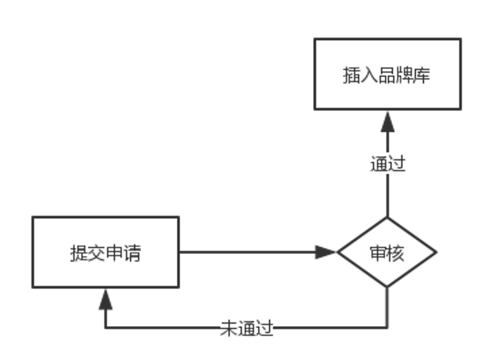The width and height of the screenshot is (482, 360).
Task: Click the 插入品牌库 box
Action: [387, 74]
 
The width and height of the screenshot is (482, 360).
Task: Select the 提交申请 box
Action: [105, 252]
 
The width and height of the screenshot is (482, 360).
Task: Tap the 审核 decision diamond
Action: [387, 252]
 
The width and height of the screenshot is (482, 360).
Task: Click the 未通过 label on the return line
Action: [247, 328]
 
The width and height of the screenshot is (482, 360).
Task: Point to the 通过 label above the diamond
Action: [387, 164]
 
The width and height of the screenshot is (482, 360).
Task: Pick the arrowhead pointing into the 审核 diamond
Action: [327, 252]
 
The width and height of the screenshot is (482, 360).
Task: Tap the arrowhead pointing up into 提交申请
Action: [105, 298]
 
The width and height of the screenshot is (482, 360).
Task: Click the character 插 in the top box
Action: [351, 75]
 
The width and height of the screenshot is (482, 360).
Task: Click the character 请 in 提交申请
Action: [132, 253]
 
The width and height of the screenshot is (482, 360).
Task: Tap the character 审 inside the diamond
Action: [378, 253]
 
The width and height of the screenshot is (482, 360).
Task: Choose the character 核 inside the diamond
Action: [395, 253]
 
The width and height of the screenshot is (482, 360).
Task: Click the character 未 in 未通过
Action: [228, 328]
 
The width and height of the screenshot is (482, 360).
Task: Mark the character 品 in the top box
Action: [387, 75]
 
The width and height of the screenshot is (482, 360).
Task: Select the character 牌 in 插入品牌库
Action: [404, 75]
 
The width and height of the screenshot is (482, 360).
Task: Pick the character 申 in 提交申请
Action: [114, 253]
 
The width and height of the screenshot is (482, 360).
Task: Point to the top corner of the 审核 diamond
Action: [387, 218]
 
